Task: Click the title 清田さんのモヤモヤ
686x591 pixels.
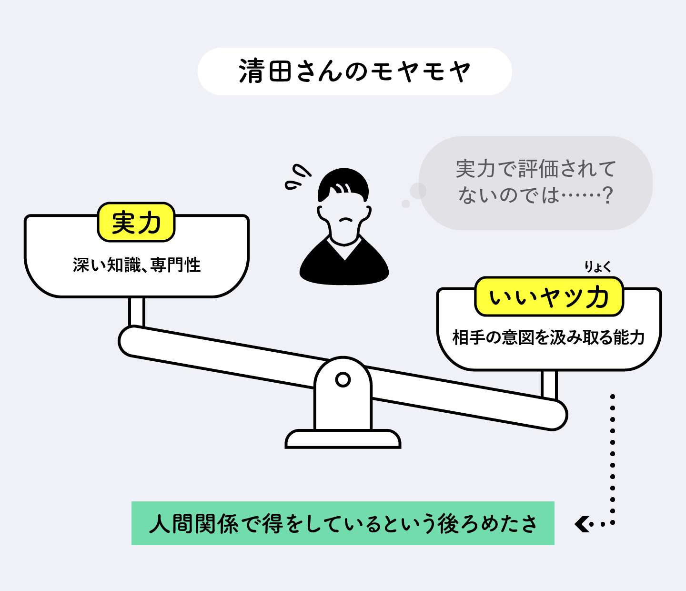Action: pyautogui.click(x=354, y=71)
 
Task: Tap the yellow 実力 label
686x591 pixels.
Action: pyautogui.click(x=136, y=223)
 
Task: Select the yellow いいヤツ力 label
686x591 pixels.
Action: pyautogui.click(x=549, y=297)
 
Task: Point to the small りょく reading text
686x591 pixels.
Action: pyautogui.click(x=598, y=267)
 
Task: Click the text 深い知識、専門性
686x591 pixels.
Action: pyautogui.click(x=137, y=265)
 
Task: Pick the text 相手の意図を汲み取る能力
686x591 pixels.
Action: pyautogui.click(x=548, y=337)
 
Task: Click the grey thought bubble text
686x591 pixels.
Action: pyautogui.click(x=535, y=182)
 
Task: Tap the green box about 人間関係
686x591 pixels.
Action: pyautogui.click(x=343, y=523)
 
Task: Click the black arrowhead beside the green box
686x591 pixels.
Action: pyautogui.click(x=583, y=524)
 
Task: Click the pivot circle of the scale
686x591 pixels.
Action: pyautogui.click(x=343, y=380)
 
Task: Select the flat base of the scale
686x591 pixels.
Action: pyautogui.click(x=343, y=439)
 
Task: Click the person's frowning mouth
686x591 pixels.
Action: pyautogui.click(x=345, y=221)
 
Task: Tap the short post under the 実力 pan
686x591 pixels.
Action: pyautogui.click(x=136, y=312)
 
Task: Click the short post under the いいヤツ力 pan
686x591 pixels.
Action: pyautogui.click(x=549, y=384)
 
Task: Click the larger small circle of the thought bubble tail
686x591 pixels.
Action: pyautogui.click(x=418, y=191)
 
